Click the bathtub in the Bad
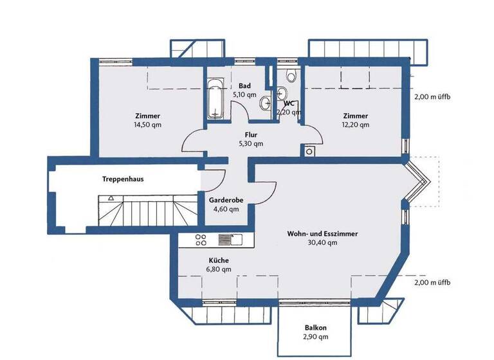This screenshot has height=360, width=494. pyautogui.click(x=215, y=100)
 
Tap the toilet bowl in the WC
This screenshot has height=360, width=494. pyautogui.click(x=291, y=77)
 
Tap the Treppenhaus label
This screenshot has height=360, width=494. pyautogui.click(x=122, y=179)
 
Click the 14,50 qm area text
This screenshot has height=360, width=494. pyautogui.click(x=148, y=125)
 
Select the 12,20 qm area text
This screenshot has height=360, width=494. pyautogui.click(x=355, y=125)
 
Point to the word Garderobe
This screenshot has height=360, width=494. pyautogui.click(x=226, y=200)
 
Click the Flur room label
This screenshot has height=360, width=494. pyautogui.click(x=251, y=135)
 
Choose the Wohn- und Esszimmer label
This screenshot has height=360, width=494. pyautogui.click(x=322, y=234)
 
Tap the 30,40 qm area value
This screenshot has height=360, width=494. pyautogui.click(x=322, y=243)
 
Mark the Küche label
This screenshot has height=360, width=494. pyautogui.click(x=218, y=260)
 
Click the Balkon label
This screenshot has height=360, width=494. pyautogui.click(x=315, y=327)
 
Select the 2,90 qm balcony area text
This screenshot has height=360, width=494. pyautogui.click(x=315, y=336)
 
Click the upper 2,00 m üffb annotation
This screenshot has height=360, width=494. pyautogui.click(x=432, y=96)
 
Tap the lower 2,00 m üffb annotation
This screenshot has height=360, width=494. pyautogui.click(x=432, y=282)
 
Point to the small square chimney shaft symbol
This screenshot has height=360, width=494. pyautogui.click(x=309, y=152)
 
